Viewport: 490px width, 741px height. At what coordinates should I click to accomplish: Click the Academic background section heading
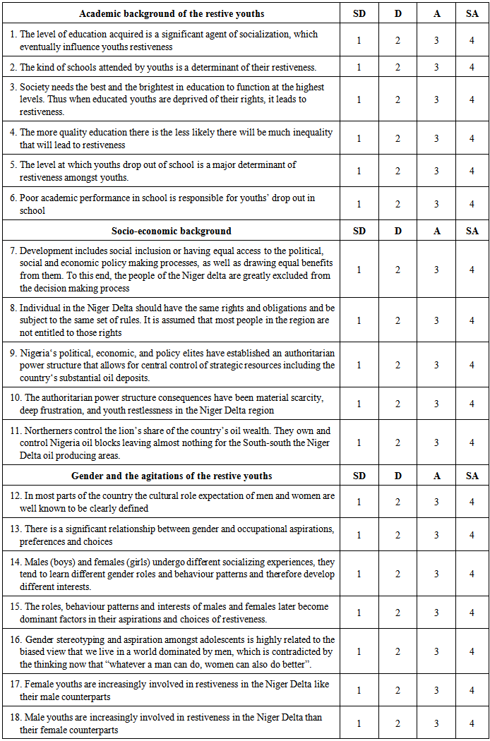click(172, 13)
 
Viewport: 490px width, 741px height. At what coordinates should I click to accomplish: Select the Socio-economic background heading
click(172, 231)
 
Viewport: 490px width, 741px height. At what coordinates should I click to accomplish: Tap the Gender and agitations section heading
click(172, 476)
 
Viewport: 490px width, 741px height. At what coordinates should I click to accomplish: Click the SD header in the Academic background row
click(359, 13)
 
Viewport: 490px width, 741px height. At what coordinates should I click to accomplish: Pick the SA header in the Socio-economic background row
click(472, 231)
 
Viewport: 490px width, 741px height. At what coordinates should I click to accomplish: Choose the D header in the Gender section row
click(398, 476)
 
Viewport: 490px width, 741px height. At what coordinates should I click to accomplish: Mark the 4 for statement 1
click(472, 40)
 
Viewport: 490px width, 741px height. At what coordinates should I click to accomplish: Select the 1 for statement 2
click(359, 67)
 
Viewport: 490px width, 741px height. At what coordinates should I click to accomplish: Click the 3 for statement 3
click(436, 100)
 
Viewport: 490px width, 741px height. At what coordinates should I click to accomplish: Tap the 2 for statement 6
click(398, 205)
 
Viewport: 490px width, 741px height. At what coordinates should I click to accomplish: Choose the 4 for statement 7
click(472, 270)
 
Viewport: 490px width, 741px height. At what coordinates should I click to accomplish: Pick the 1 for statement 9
click(359, 365)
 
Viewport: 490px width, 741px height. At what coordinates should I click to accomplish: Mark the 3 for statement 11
click(436, 442)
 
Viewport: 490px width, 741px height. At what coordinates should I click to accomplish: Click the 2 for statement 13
click(398, 535)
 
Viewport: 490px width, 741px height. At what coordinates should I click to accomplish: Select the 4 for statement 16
click(472, 651)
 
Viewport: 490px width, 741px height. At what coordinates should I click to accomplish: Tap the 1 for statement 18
click(359, 723)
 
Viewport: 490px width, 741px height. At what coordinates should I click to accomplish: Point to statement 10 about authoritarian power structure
click(172, 404)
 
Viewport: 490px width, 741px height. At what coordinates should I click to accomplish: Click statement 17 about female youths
click(172, 689)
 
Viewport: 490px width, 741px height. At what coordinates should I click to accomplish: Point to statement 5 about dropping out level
click(172, 171)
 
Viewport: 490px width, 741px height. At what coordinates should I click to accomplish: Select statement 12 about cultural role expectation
click(172, 502)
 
